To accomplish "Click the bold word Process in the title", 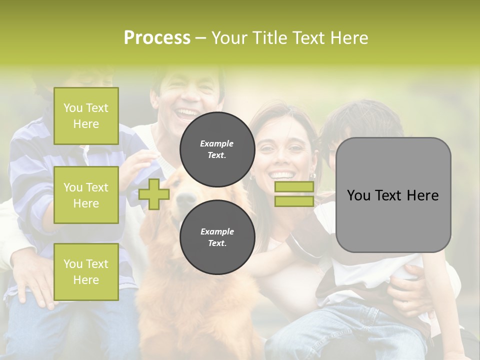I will tap(157, 37).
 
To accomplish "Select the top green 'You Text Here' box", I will tap(86, 116).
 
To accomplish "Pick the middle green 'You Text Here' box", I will tap(86, 195).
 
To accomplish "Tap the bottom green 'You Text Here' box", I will tap(86, 271).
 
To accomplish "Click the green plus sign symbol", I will tap(154, 194).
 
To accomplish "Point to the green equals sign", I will tap(294, 194).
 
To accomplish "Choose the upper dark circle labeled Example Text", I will tap(217, 149).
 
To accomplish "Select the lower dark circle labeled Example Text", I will tap(217, 237).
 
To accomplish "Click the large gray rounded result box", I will tap(393, 195).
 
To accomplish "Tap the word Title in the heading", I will tap(273, 37).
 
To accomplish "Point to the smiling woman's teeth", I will tap(282, 175).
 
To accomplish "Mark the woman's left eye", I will tap(296, 148).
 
